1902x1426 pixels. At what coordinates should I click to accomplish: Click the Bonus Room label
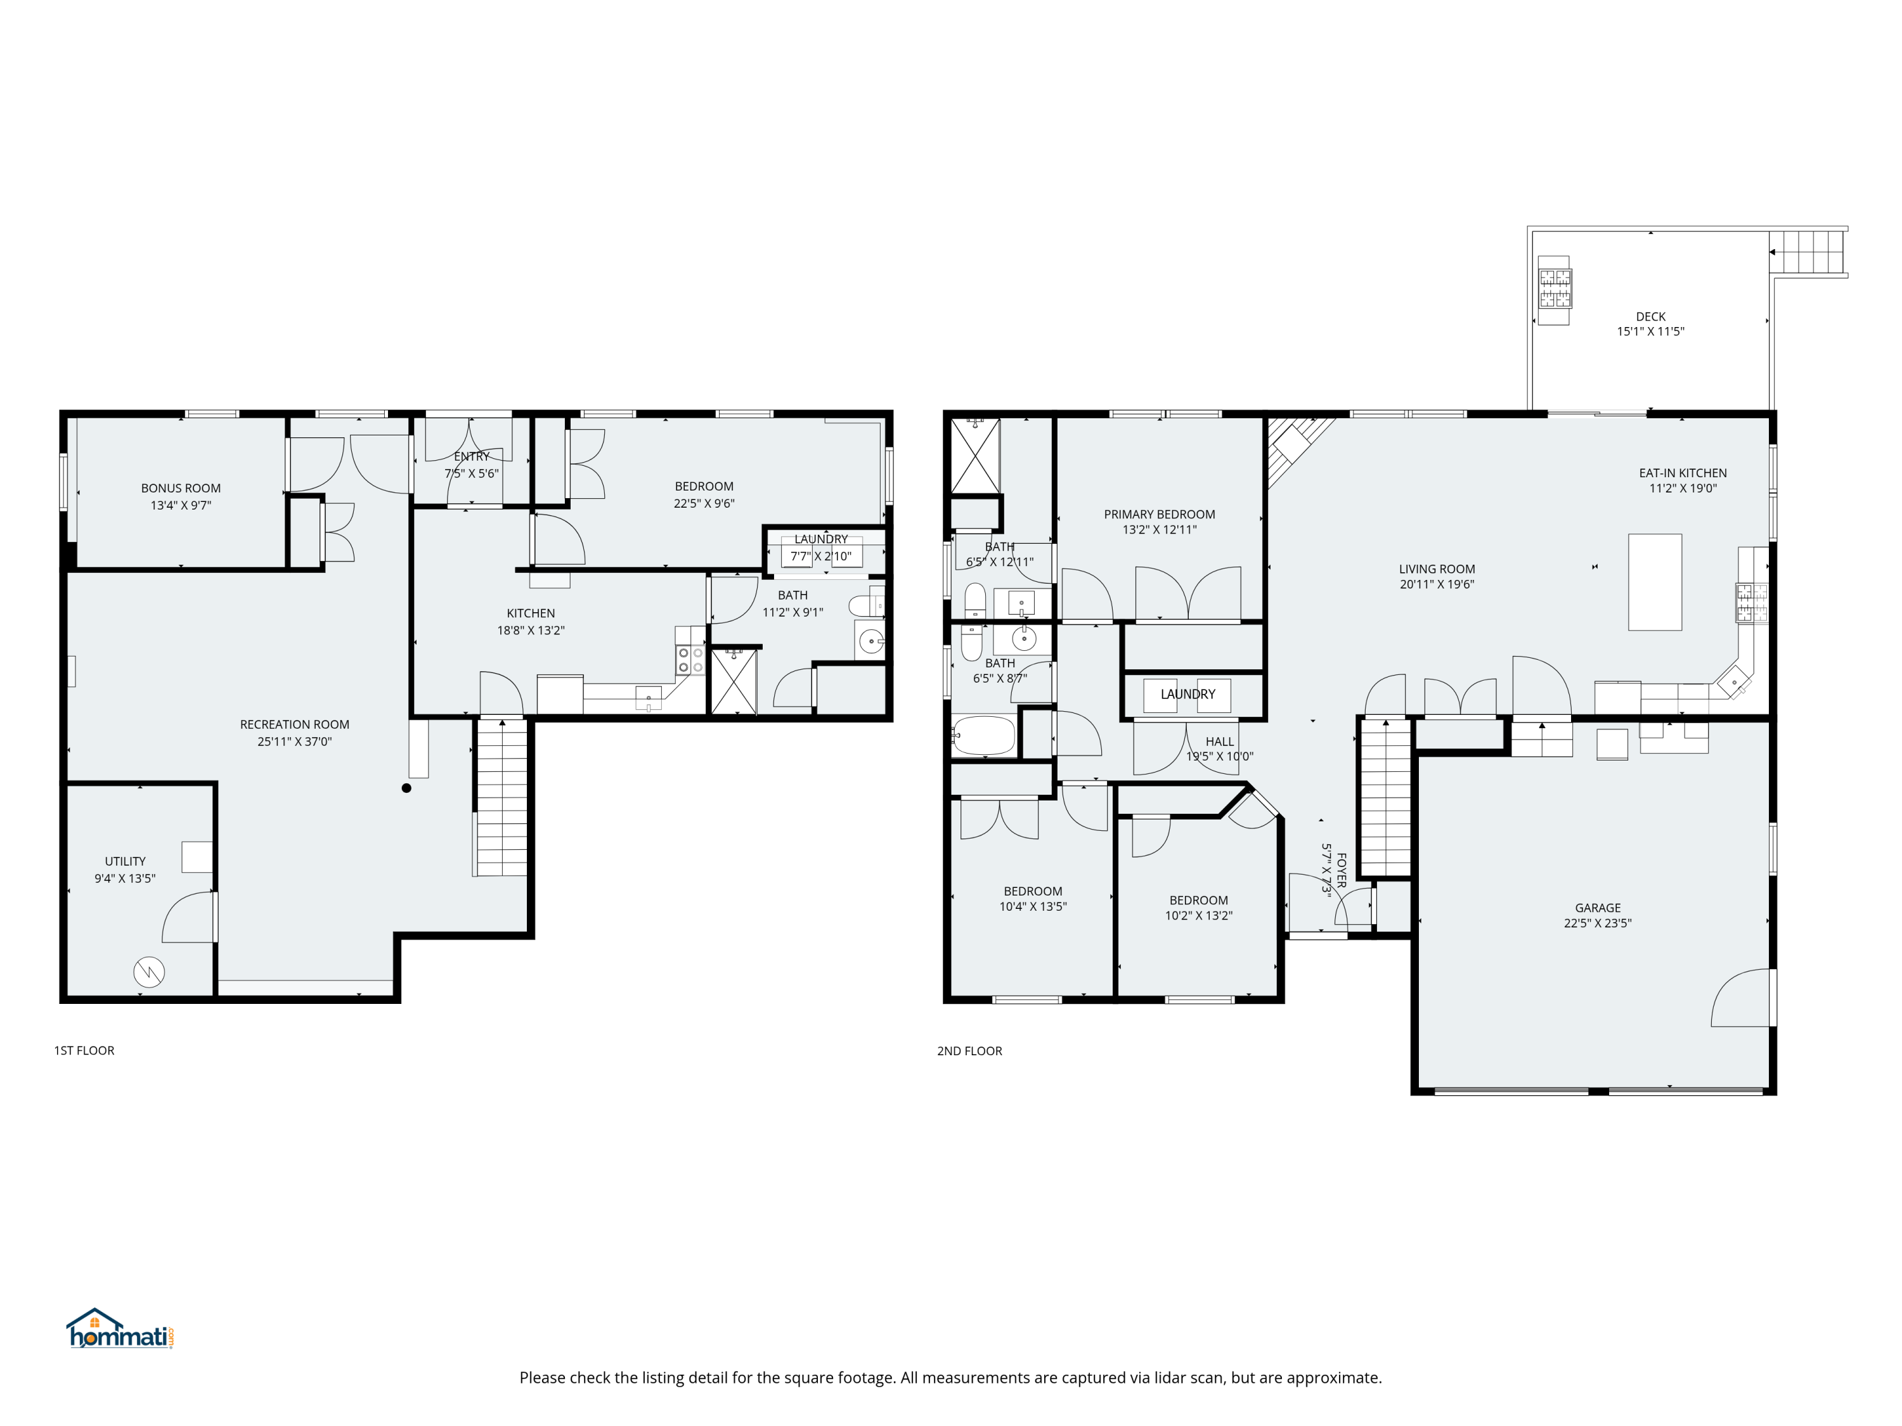coord(181,488)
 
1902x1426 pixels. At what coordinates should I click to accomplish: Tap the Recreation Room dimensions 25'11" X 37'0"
coord(294,742)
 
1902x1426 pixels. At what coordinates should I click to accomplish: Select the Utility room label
coord(126,861)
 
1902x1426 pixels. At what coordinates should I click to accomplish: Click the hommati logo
coord(120,1329)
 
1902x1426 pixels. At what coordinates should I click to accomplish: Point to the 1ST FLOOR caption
coord(84,1050)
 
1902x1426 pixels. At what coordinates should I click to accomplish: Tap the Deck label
coord(1651,317)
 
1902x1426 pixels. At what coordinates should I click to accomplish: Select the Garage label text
coord(1598,908)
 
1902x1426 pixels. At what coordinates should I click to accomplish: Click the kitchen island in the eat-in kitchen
coord(1655,582)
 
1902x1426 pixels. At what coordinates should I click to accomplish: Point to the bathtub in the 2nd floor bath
coord(984,736)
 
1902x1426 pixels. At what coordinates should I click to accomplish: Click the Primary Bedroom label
coord(1160,515)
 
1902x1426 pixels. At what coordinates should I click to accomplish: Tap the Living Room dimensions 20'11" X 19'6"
coord(1437,584)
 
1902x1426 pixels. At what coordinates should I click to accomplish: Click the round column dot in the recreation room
coord(407,788)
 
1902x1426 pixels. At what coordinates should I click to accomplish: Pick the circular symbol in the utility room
coord(149,972)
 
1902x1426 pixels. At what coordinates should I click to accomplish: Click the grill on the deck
coord(1555,290)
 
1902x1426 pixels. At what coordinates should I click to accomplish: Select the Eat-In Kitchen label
coord(1683,473)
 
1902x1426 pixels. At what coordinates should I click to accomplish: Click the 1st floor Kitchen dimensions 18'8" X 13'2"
coord(531,631)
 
